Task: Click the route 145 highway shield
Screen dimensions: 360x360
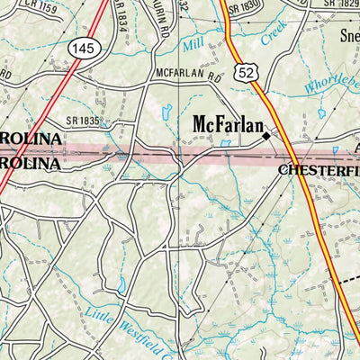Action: click(84, 48)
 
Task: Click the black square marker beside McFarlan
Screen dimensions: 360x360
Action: click(266, 137)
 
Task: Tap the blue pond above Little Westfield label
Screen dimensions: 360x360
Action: click(122, 286)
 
